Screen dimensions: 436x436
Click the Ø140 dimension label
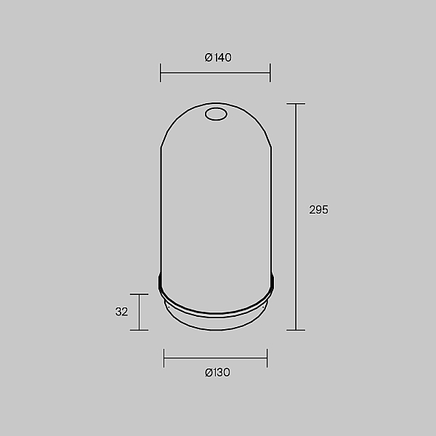coord(218,57)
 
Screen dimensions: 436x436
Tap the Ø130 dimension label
coord(217,372)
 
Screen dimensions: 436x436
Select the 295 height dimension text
coord(319,210)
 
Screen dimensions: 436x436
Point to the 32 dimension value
coord(121,312)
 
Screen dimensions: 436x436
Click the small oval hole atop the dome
coord(216,114)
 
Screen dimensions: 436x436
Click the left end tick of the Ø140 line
coord(160,73)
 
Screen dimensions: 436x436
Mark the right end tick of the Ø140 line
coord(270,73)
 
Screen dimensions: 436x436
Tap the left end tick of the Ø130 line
coord(164,358)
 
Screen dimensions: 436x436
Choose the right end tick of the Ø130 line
coord(267,358)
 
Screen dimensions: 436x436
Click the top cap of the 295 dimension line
coord(296,104)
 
